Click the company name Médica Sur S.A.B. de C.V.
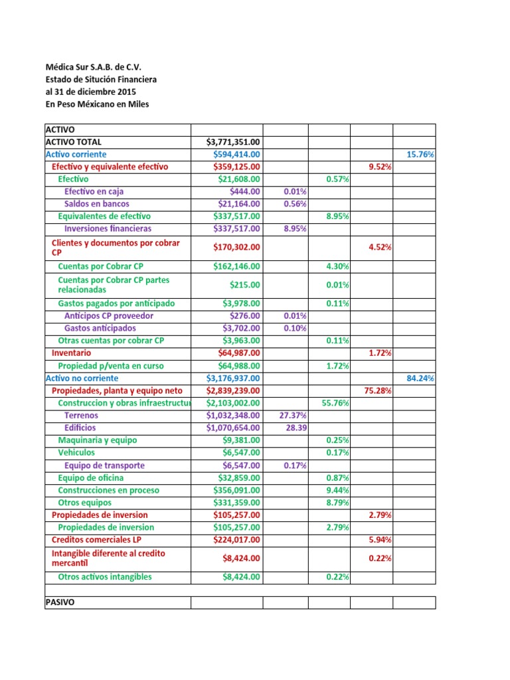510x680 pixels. point(92,67)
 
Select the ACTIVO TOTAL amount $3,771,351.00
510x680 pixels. point(234,141)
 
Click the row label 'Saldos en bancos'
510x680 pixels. point(96,204)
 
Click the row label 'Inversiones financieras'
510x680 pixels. point(108,228)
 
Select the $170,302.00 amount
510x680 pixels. point(237,247)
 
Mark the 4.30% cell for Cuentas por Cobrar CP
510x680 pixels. point(338,266)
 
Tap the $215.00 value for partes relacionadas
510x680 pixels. point(245,285)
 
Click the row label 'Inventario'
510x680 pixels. point(72,353)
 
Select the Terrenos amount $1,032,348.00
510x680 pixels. point(234,415)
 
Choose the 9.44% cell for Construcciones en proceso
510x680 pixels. point(338,490)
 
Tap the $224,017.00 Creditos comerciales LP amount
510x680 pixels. point(237,539)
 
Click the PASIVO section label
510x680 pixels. point(60,602)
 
